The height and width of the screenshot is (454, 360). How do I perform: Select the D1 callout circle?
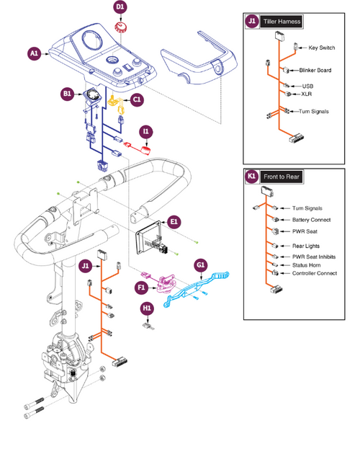click(x=120, y=7)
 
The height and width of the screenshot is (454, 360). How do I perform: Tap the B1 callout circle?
click(x=66, y=94)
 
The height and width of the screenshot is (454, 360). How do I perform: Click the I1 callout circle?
click(x=146, y=131)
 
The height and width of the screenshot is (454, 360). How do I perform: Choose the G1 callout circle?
click(x=202, y=265)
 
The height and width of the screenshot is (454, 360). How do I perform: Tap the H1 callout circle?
click(x=148, y=308)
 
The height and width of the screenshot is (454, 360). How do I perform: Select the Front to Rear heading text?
click(x=282, y=177)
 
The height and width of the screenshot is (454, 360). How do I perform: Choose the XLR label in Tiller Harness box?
click(x=307, y=94)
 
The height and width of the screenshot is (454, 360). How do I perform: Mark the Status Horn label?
click(x=309, y=265)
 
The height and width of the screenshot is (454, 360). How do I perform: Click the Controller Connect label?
click(x=315, y=274)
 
